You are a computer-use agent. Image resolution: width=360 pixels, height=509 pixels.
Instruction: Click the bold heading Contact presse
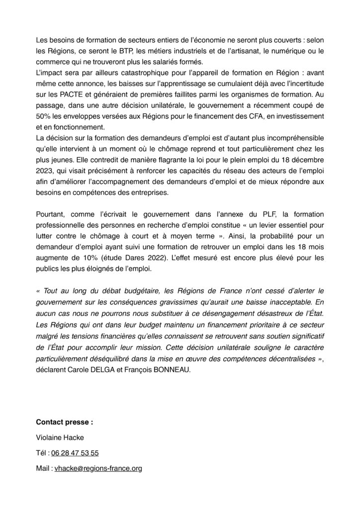point(64,423)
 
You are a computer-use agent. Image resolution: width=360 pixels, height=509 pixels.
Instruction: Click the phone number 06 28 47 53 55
point(75,453)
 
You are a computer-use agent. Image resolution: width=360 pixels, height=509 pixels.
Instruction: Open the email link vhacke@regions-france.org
point(97,468)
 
